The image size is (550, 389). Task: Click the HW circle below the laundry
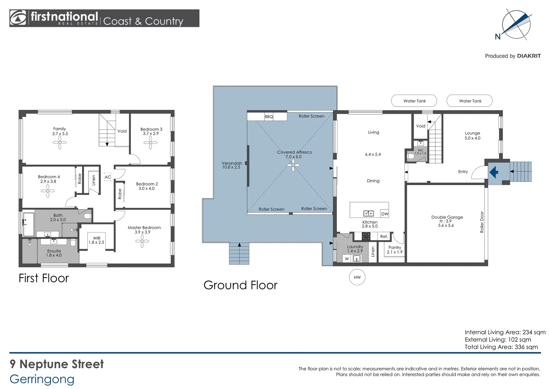click(x=357, y=277)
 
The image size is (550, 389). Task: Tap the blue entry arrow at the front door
click(x=494, y=172)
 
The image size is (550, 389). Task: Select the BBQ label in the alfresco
click(x=269, y=117)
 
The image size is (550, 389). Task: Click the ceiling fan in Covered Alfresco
click(x=293, y=165)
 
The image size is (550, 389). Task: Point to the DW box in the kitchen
click(x=385, y=214)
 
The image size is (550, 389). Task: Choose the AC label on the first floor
click(x=108, y=177)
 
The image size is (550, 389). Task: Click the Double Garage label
click(x=447, y=217)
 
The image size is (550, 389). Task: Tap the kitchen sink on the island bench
click(x=368, y=214)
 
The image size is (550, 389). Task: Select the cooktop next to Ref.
click(x=366, y=237)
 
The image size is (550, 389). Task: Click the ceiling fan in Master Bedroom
click(x=142, y=241)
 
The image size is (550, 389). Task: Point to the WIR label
click(x=96, y=238)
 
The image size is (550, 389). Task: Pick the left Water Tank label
click(x=414, y=101)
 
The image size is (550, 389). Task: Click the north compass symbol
click(x=516, y=24)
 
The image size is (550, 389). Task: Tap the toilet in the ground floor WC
click(x=411, y=156)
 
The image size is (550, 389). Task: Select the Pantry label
click(x=395, y=247)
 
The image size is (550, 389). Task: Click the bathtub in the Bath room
click(x=28, y=224)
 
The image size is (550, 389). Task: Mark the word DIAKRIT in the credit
click(x=529, y=56)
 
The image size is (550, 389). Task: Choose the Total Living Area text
click(x=501, y=347)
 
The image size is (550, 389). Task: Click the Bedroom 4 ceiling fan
click(x=48, y=191)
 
